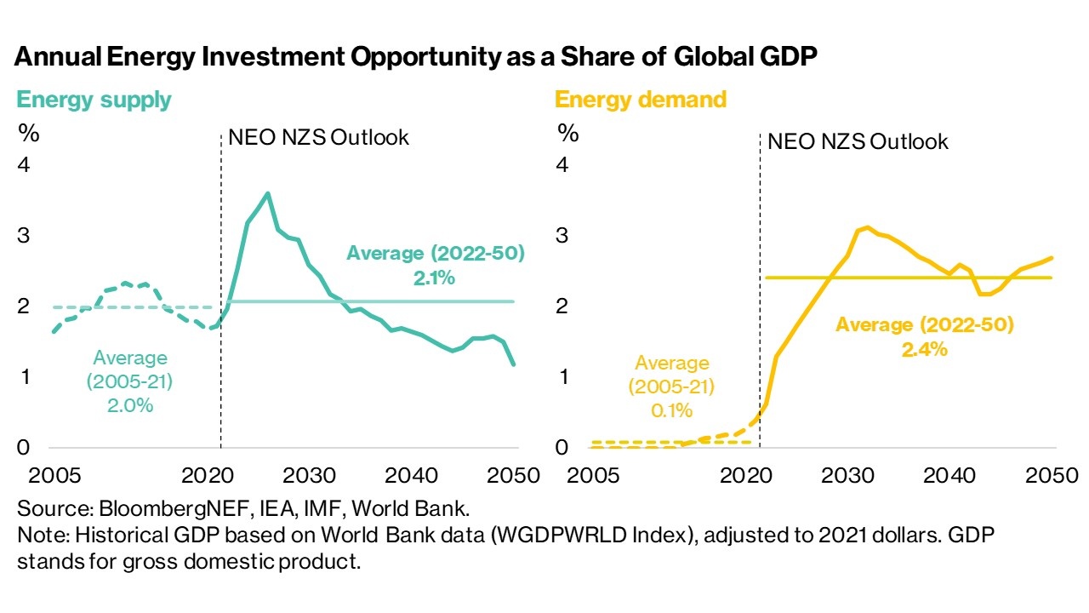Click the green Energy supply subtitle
click(x=94, y=100)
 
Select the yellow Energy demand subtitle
click(x=641, y=100)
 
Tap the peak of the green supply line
click(x=268, y=193)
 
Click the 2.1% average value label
click(x=436, y=278)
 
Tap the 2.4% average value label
click(x=925, y=348)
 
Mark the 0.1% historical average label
click(x=671, y=410)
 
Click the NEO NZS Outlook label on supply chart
click(x=319, y=137)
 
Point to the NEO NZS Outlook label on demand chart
click(x=858, y=140)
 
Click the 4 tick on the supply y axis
click(x=24, y=164)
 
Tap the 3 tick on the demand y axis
click(x=562, y=235)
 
